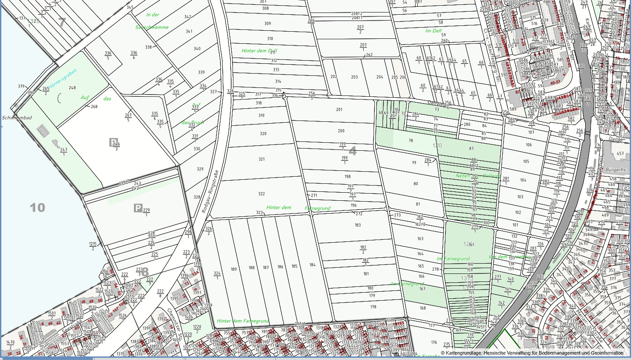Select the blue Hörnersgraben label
tap(62, 81)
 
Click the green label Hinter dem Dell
tap(259, 51)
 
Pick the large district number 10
tap(37, 207)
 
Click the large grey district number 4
tap(352, 151)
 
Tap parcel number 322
tap(262, 194)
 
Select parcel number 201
tap(339, 110)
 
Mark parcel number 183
tap(358, 225)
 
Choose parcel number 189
tap(233, 269)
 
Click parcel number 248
tap(72, 88)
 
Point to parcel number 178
tap(373, 307)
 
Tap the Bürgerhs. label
tap(618, 170)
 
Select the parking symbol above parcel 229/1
tap(138, 208)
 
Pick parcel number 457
tap(620, 153)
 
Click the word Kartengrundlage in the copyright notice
tap(464, 353)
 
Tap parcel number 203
tap(354, 77)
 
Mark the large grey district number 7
tap(62, 21)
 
